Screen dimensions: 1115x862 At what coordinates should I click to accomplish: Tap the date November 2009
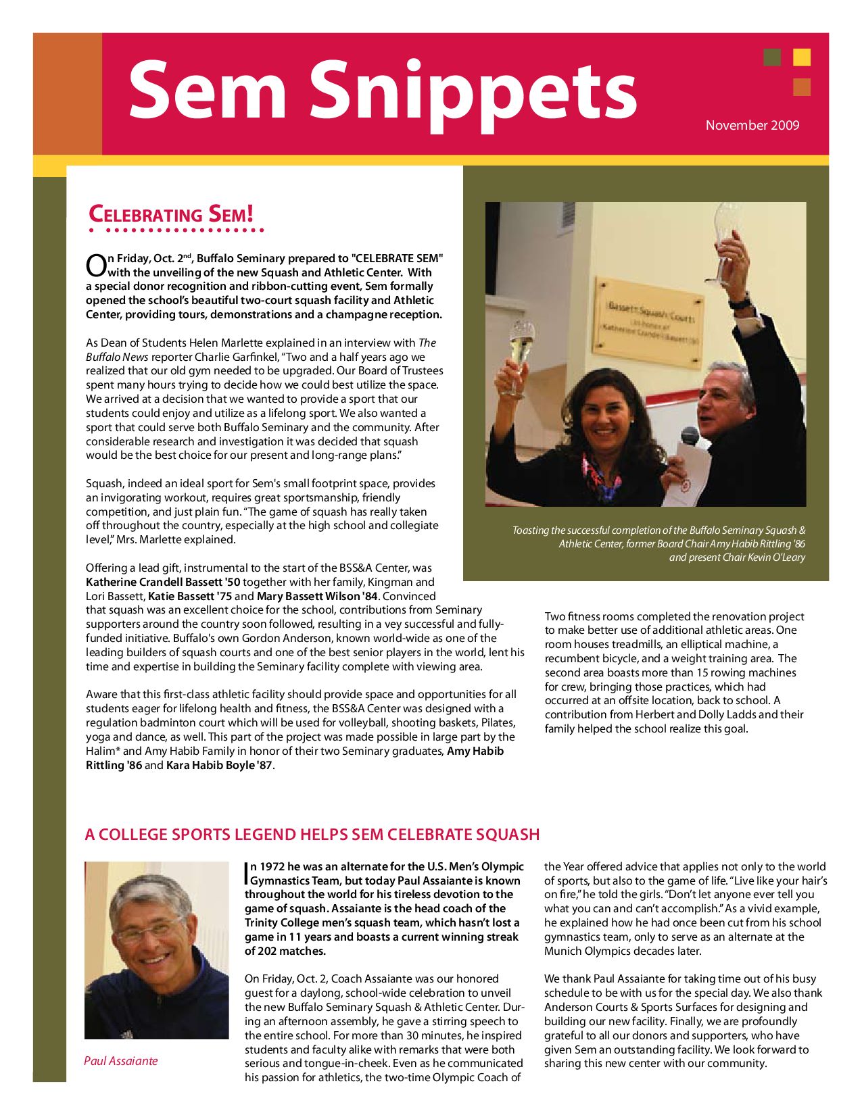pos(752,125)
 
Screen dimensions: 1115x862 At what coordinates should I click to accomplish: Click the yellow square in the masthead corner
pos(802,57)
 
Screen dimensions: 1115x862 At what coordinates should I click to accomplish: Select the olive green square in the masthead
pos(772,57)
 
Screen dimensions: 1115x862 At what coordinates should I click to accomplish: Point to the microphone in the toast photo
pos(690,436)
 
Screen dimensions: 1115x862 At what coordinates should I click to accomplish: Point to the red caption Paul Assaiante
pos(121,1061)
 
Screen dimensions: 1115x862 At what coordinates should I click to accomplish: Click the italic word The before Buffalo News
pos(428,343)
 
